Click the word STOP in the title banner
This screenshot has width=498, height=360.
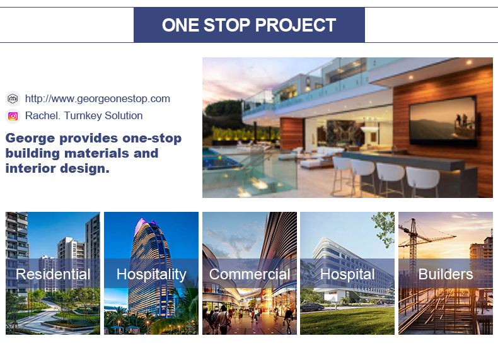tap(226, 25)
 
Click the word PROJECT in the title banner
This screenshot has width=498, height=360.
tap(296, 25)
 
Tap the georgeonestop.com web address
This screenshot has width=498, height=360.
tap(98, 98)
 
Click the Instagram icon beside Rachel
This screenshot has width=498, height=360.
tap(13, 116)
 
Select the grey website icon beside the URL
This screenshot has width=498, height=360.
tap(13, 99)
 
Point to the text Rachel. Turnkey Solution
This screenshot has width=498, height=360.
tap(84, 115)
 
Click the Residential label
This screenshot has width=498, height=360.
tap(53, 274)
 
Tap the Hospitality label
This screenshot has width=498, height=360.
tap(151, 274)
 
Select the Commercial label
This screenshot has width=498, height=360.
tap(250, 274)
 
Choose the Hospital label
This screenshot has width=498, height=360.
tap(347, 274)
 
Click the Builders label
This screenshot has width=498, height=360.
tap(446, 274)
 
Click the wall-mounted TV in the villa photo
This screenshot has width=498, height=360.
tap(443, 121)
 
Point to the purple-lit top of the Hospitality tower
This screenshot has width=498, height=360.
tap(144, 225)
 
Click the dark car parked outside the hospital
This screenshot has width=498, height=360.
tap(312, 307)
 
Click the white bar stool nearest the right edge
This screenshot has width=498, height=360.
tap(422, 181)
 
